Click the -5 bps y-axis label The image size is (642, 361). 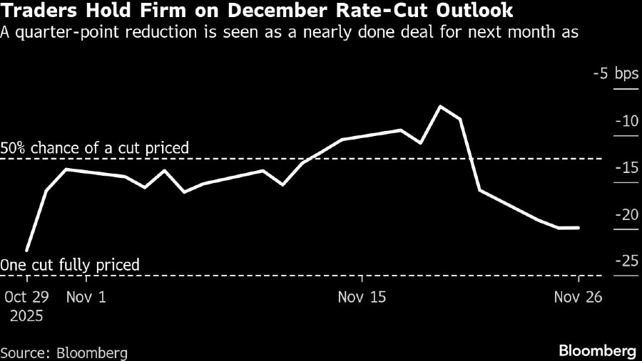coord(616,74)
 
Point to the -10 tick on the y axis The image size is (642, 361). coord(626,121)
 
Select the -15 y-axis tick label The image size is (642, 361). coord(626,168)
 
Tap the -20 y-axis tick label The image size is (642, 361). coord(626,215)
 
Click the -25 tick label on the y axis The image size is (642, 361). coord(626,261)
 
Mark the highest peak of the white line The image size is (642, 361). coord(441,106)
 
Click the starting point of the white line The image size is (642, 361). coord(27,251)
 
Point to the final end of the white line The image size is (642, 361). coord(579,228)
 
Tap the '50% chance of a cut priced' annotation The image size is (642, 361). coord(95,148)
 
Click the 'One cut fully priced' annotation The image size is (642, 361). coord(70,266)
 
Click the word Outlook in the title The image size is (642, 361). coord(482,12)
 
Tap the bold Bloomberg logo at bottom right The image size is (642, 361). coord(597,351)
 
